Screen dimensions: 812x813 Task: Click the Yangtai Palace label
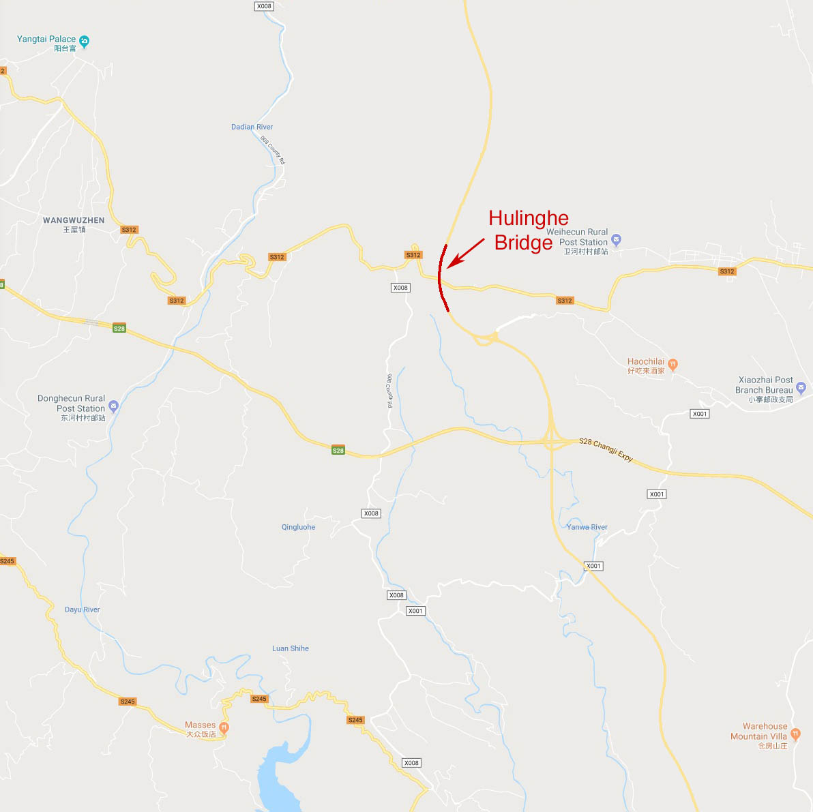tap(46, 40)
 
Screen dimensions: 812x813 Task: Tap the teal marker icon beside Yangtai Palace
tap(84, 42)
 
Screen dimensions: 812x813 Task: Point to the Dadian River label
tap(252, 127)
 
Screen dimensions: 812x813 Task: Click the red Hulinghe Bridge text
tap(527, 230)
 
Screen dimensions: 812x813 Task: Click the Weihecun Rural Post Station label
tap(577, 237)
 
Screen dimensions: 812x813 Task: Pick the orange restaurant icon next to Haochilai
tap(672, 364)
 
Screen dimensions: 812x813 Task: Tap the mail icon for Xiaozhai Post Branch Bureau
tap(801, 388)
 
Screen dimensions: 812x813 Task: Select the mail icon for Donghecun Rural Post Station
tap(113, 406)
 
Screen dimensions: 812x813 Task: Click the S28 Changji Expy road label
tap(606, 450)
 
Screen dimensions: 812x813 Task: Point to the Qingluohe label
tap(298, 527)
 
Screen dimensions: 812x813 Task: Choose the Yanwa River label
tap(587, 527)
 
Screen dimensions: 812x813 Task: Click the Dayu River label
tap(82, 610)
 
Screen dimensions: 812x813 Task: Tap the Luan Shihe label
tap(290, 648)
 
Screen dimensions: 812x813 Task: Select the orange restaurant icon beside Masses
tap(223, 727)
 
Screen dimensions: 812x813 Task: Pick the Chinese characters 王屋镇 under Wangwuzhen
tap(74, 230)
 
